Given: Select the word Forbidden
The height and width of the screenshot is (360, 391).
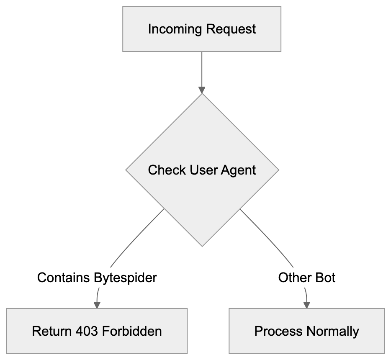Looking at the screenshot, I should tap(134, 332).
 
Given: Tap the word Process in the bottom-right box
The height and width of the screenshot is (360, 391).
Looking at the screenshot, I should tap(278, 332).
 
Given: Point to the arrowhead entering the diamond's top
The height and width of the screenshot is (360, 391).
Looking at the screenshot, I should tap(202, 90).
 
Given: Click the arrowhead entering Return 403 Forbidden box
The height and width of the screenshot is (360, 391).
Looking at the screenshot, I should tap(97, 305).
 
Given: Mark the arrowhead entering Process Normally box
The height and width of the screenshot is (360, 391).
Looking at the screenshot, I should tap(306, 305).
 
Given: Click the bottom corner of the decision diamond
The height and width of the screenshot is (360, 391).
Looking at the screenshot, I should tap(202, 247).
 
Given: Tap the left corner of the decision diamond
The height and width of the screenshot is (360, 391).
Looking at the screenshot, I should tap(126, 170).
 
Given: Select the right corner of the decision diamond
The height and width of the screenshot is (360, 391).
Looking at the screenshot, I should tap(279, 170).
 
